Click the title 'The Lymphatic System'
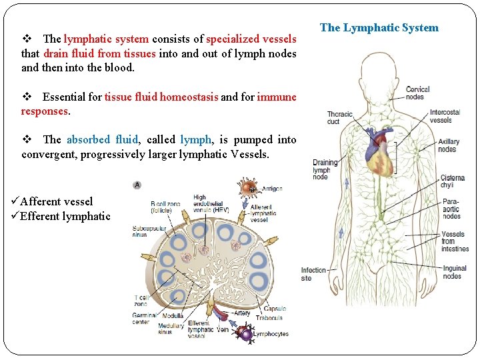click(x=379, y=28)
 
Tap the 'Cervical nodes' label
click(x=417, y=93)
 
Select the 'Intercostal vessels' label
click(x=445, y=116)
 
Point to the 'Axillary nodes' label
click(x=449, y=145)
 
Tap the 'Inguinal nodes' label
click(x=453, y=272)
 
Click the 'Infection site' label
click(x=313, y=273)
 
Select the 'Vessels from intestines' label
click(x=455, y=241)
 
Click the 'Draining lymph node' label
click(x=325, y=169)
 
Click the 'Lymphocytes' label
click(x=271, y=334)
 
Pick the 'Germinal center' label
click(x=144, y=319)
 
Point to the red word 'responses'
click(x=45, y=111)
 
